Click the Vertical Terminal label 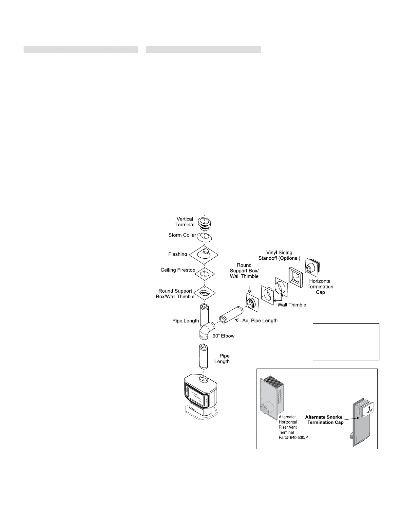[185, 222]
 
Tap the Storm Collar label [182, 235]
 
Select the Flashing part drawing [204, 255]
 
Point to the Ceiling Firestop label [178, 270]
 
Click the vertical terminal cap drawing [205, 222]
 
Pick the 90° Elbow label [224, 336]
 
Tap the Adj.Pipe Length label [260, 320]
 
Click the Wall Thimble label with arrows [292, 305]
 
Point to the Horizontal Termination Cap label [320, 286]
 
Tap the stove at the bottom [201, 397]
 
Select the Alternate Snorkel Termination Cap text [324, 420]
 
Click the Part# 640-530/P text [293, 438]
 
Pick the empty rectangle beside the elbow [346, 342]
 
